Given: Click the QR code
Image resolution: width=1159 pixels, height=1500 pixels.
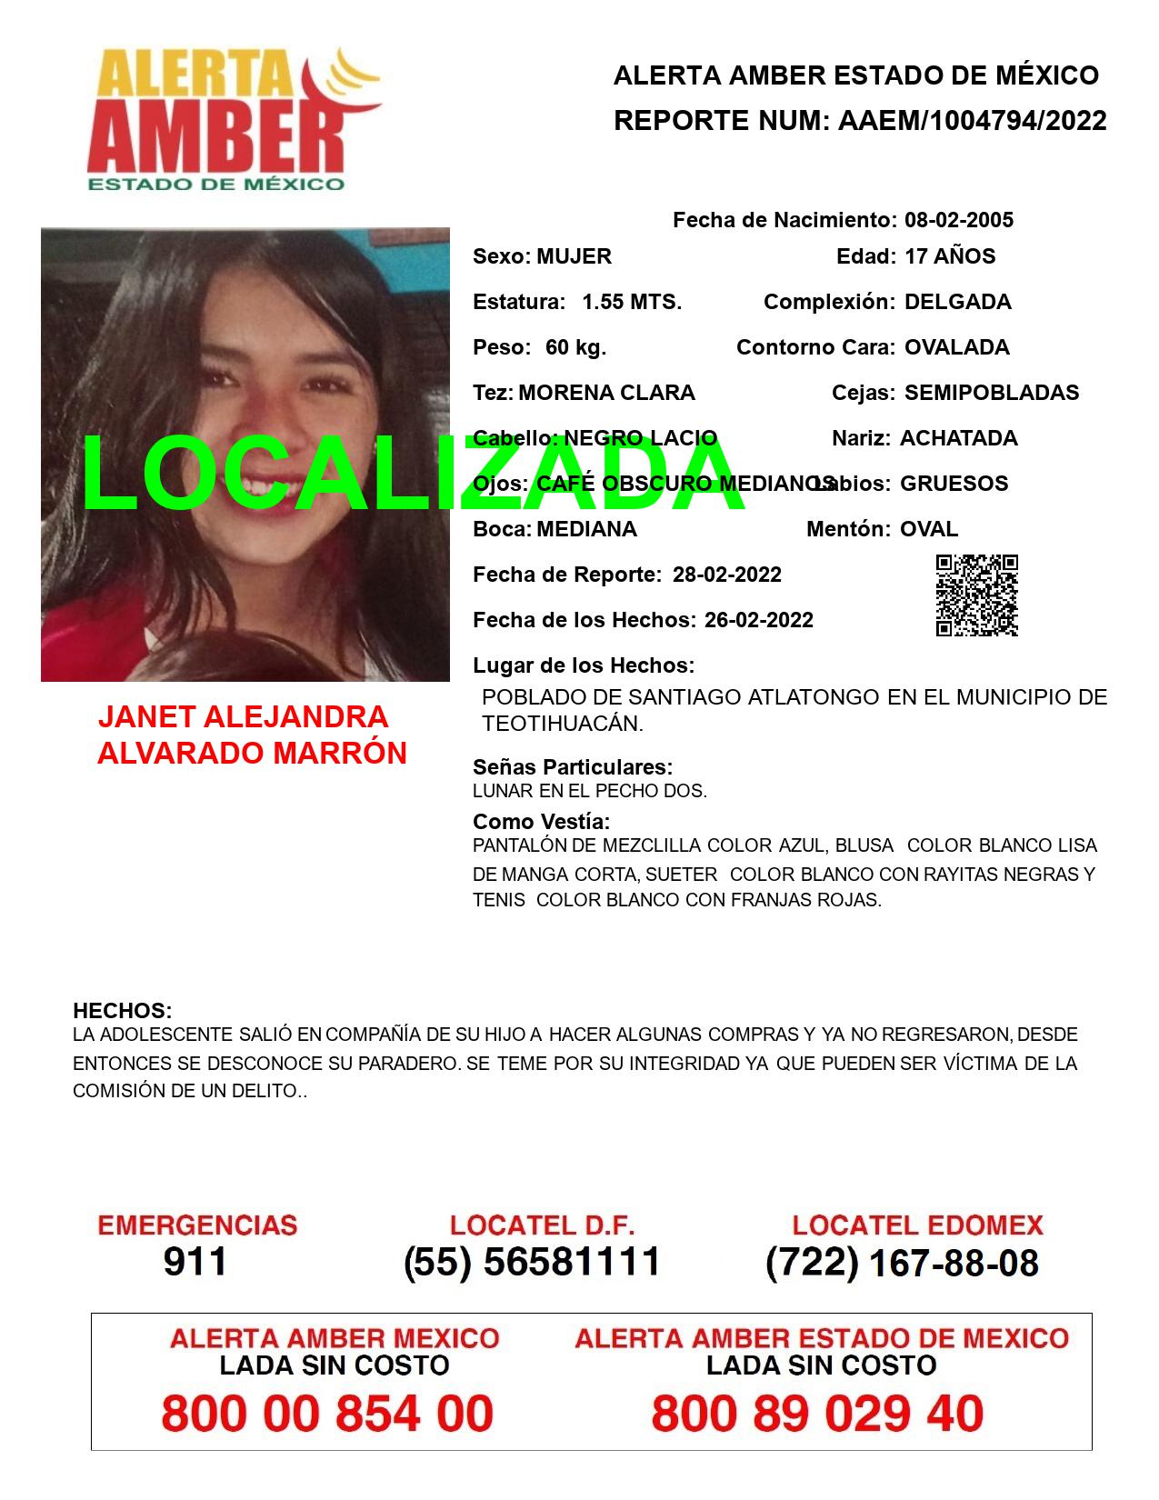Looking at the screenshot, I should coord(977,595).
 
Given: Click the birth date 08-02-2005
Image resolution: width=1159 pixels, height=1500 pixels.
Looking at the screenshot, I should coord(958,220).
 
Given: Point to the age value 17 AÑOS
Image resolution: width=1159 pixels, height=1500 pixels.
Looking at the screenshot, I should coord(950,256).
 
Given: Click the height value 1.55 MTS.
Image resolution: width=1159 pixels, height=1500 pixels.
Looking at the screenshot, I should coord(632,302).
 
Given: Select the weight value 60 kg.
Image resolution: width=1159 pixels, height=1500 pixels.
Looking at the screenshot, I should coord(575,347).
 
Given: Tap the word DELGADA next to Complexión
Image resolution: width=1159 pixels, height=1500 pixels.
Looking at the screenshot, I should coord(957,302).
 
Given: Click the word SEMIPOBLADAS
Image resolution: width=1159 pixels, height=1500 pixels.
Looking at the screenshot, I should coord(992,393).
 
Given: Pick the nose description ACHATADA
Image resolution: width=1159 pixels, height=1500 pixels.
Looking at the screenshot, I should coord(958,438).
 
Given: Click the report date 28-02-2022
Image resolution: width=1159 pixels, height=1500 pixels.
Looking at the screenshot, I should coord(726,575).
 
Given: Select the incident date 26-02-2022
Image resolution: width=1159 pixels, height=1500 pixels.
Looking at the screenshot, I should coord(758,620).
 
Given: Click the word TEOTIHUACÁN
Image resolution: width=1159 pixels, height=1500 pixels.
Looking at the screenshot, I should coord(562,724).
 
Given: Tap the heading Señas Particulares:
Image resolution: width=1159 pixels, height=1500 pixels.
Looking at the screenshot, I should coord(573,767).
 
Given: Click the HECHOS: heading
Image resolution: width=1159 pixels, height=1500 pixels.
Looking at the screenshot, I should coord(122,1011).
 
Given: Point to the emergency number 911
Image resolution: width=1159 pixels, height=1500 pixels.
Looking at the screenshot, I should coord(195,1263).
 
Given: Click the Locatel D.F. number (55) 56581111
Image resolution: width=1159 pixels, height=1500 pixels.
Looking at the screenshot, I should coord(532,1263).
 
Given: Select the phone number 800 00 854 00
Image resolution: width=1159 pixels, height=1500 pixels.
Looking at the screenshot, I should coord(327,1415).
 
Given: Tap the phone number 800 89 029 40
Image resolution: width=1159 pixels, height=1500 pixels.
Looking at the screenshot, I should coord(817,1415).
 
